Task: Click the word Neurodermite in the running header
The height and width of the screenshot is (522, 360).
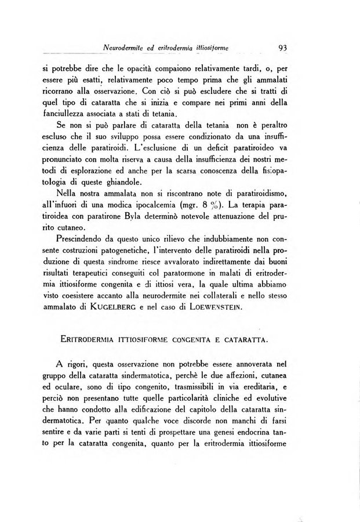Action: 122,48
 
